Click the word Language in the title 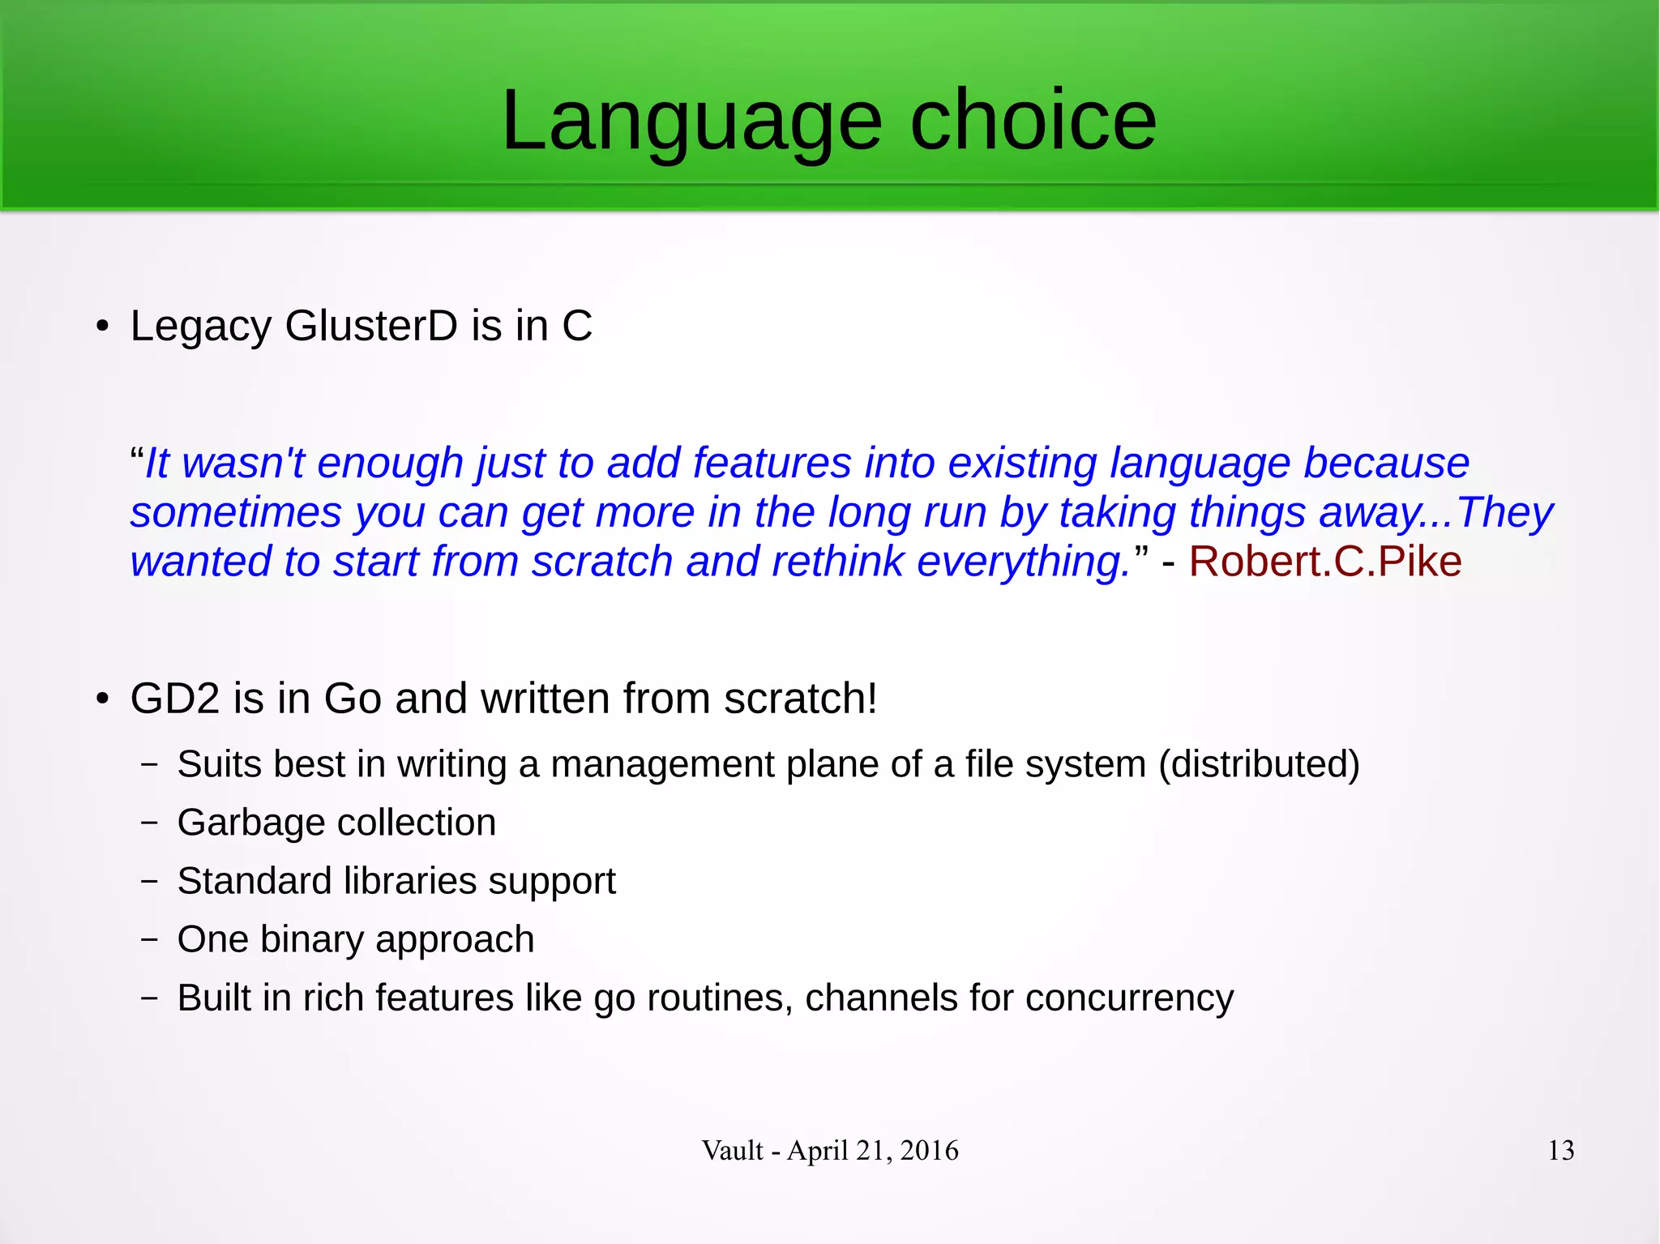691,122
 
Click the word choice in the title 1033,122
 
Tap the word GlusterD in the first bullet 371,326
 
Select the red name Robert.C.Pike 1324,562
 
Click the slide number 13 1560,1150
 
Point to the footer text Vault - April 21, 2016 830,1150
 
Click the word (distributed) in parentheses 1259,764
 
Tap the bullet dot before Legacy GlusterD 101,327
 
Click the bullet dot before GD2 101,699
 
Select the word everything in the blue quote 1023,562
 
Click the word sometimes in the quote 236,513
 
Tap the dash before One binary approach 148,939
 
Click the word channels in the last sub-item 880,998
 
